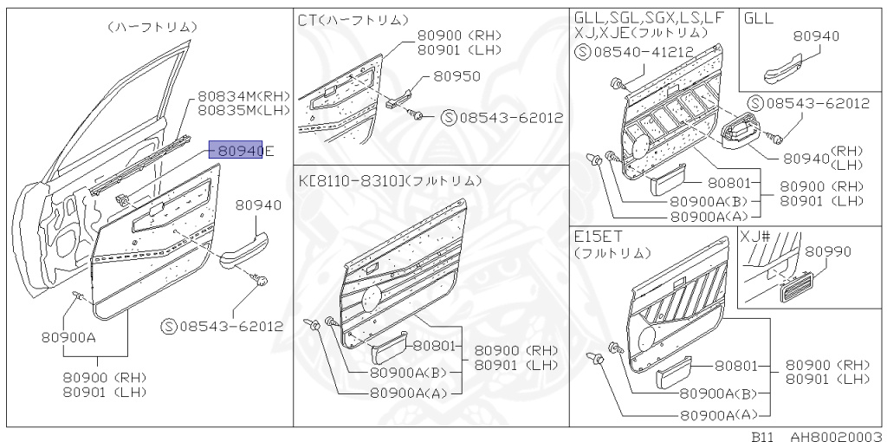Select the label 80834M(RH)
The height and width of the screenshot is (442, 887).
243,96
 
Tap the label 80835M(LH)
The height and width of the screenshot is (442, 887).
243,110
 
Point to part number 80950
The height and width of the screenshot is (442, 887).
456,76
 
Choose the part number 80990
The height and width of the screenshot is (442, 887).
828,251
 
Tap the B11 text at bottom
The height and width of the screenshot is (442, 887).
762,436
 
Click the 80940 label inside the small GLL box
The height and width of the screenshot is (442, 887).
816,36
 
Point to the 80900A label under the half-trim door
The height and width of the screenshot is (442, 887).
67,338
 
